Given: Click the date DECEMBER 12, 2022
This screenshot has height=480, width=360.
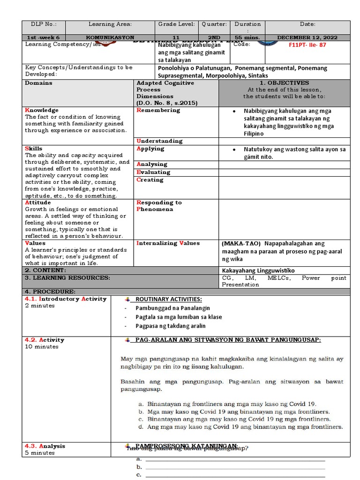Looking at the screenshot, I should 307,37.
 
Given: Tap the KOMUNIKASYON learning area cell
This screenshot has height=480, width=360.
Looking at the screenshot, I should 110,37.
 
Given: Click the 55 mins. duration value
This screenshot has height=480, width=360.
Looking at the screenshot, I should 247,37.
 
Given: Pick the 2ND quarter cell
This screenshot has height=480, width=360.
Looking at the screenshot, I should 214,37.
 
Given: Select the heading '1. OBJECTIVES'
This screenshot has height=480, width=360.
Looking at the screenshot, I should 284,83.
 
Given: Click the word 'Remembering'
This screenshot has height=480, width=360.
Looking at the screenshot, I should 158,110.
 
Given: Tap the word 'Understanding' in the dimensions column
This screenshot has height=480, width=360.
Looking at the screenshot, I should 159,141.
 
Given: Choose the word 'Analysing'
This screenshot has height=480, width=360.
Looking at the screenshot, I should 152,164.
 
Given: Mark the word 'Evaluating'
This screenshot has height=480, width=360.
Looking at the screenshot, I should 153,172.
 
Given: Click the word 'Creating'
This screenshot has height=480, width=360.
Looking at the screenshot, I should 150,180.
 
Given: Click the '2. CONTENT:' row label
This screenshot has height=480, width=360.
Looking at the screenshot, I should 45,270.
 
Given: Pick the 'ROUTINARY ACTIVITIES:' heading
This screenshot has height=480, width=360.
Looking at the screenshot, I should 168,300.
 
